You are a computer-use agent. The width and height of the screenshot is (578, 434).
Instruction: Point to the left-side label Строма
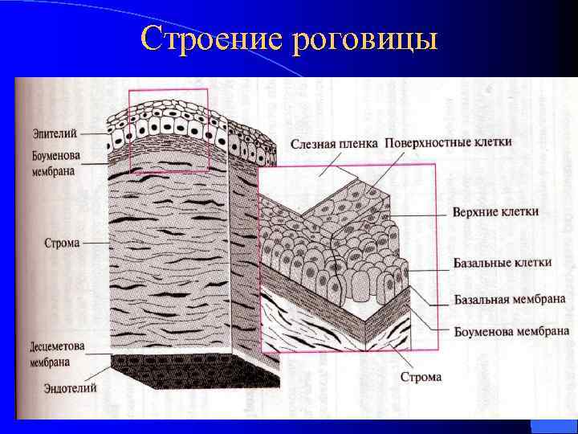point(62,242)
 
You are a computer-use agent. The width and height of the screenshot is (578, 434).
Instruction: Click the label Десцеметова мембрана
point(57,354)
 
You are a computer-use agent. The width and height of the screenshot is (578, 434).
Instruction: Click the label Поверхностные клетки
point(448,141)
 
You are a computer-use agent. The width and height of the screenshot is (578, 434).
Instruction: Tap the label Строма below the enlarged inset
point(420,376)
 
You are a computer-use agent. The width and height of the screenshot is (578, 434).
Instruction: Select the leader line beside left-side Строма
point(95,242)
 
